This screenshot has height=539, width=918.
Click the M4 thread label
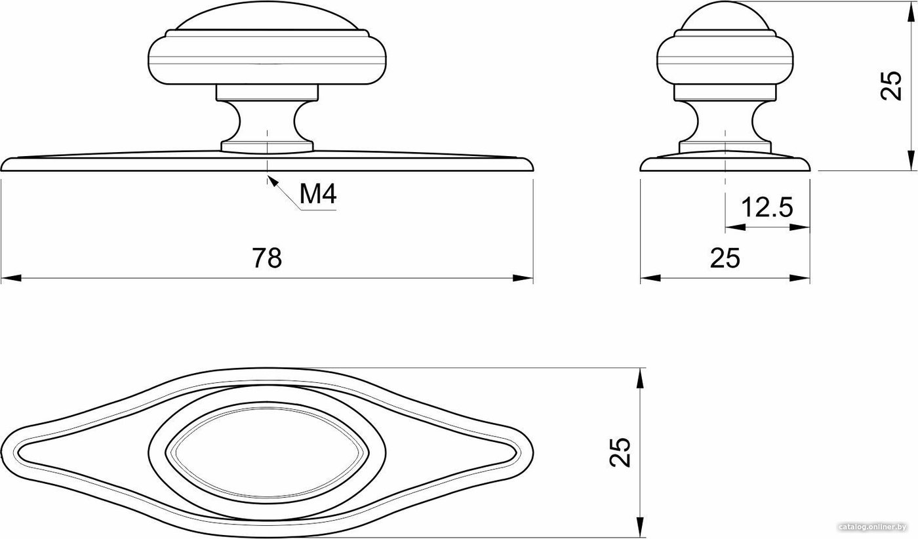318,194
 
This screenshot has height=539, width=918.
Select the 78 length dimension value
267,258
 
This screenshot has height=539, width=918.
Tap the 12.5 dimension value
767,207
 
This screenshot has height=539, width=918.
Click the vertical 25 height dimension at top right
891,85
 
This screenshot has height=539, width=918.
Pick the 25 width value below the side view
725,258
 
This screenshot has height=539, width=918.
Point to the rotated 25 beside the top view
620,452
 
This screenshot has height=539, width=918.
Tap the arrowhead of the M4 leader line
271,181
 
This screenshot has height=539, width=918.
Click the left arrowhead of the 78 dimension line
11,278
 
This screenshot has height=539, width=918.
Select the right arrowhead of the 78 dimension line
523,278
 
